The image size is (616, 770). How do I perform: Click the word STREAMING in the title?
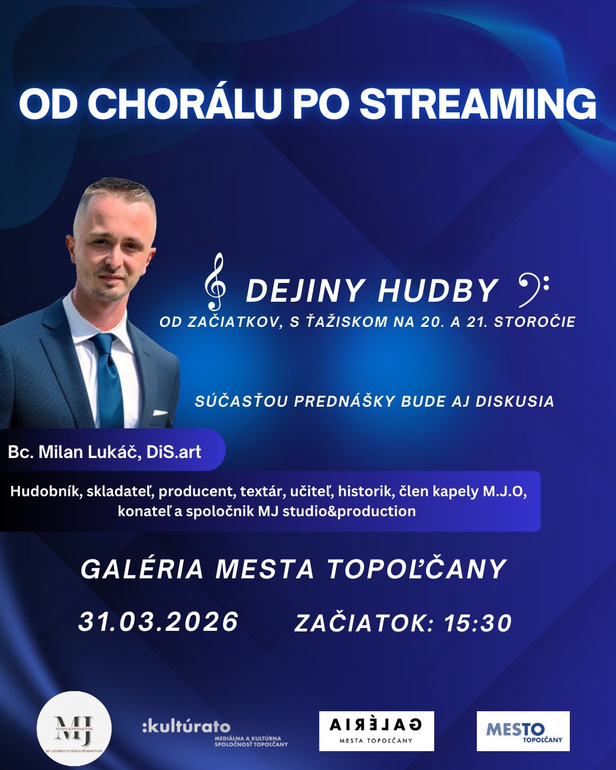[x=478, y=103]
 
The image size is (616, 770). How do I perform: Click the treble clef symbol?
[x=215, y=282]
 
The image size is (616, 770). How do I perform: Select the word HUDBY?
[x=437, y=291]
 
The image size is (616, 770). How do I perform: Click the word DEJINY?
[x=306, y=291]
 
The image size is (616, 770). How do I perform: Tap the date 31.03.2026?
[x=159, y=621]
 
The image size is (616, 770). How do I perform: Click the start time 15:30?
[x=478, y=623]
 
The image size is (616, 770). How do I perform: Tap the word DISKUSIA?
[x=514, y=402]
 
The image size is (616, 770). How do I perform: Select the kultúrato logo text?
[x=186, y=726]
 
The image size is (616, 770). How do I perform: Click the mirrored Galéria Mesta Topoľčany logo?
[x=376, y=731]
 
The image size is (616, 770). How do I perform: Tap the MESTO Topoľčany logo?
[x=523, y=731]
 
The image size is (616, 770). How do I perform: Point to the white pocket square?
[x=160, y=412]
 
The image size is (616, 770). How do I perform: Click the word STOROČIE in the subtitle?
[x=534, y=322]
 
